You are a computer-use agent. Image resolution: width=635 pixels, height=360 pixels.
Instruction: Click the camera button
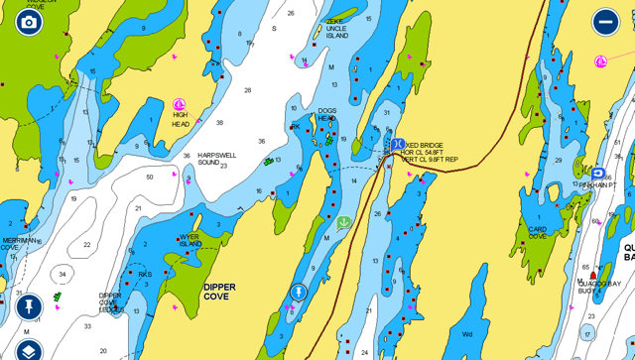tap(29, 22)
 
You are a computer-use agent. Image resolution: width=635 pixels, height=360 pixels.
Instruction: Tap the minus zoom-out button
tap(605, 22)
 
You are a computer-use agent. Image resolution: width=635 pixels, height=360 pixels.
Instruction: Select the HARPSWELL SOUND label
tap(215, 158)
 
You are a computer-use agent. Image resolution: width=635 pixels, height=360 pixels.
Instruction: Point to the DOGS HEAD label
tap(326, 114)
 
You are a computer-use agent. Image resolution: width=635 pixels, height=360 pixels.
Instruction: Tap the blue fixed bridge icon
tap(397, 145)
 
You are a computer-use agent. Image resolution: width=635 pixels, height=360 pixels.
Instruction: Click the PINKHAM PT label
tap(598, 185)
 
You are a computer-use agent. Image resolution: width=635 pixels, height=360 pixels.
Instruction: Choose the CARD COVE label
tap(538, 232)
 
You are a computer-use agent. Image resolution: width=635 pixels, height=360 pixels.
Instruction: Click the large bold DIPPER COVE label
tap(219, 292)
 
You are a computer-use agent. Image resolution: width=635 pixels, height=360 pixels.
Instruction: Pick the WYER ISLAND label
tap(190, 240)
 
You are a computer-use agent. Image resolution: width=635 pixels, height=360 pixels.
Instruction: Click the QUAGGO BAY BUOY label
tap(599, 287)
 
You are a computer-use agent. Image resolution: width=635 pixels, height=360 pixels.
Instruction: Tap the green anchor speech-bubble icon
tap(343, 223)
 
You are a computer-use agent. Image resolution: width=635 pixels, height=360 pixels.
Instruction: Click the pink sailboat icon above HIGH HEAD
tap(180, 104)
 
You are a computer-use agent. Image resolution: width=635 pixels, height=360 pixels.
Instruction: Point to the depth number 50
tap(150, 177)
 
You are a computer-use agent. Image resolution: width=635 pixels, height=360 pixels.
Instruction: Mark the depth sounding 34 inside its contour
tap(63, 275)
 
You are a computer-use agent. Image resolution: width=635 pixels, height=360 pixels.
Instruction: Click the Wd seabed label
tap(467, 334)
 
